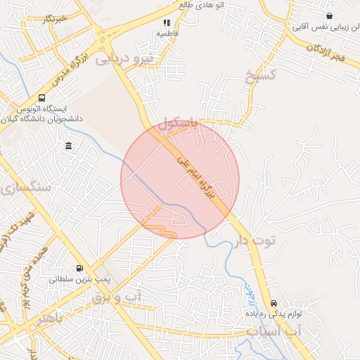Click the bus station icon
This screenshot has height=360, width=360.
click(42, 98)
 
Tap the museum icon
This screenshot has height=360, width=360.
click(68, 146)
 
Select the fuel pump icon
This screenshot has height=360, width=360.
click(79, 268)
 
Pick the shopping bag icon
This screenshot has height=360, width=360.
click(330, 16)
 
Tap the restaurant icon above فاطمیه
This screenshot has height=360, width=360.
click(167, 22)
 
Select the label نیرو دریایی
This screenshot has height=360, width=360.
click(124, 59)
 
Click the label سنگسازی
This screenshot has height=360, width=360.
click(27, 187)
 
